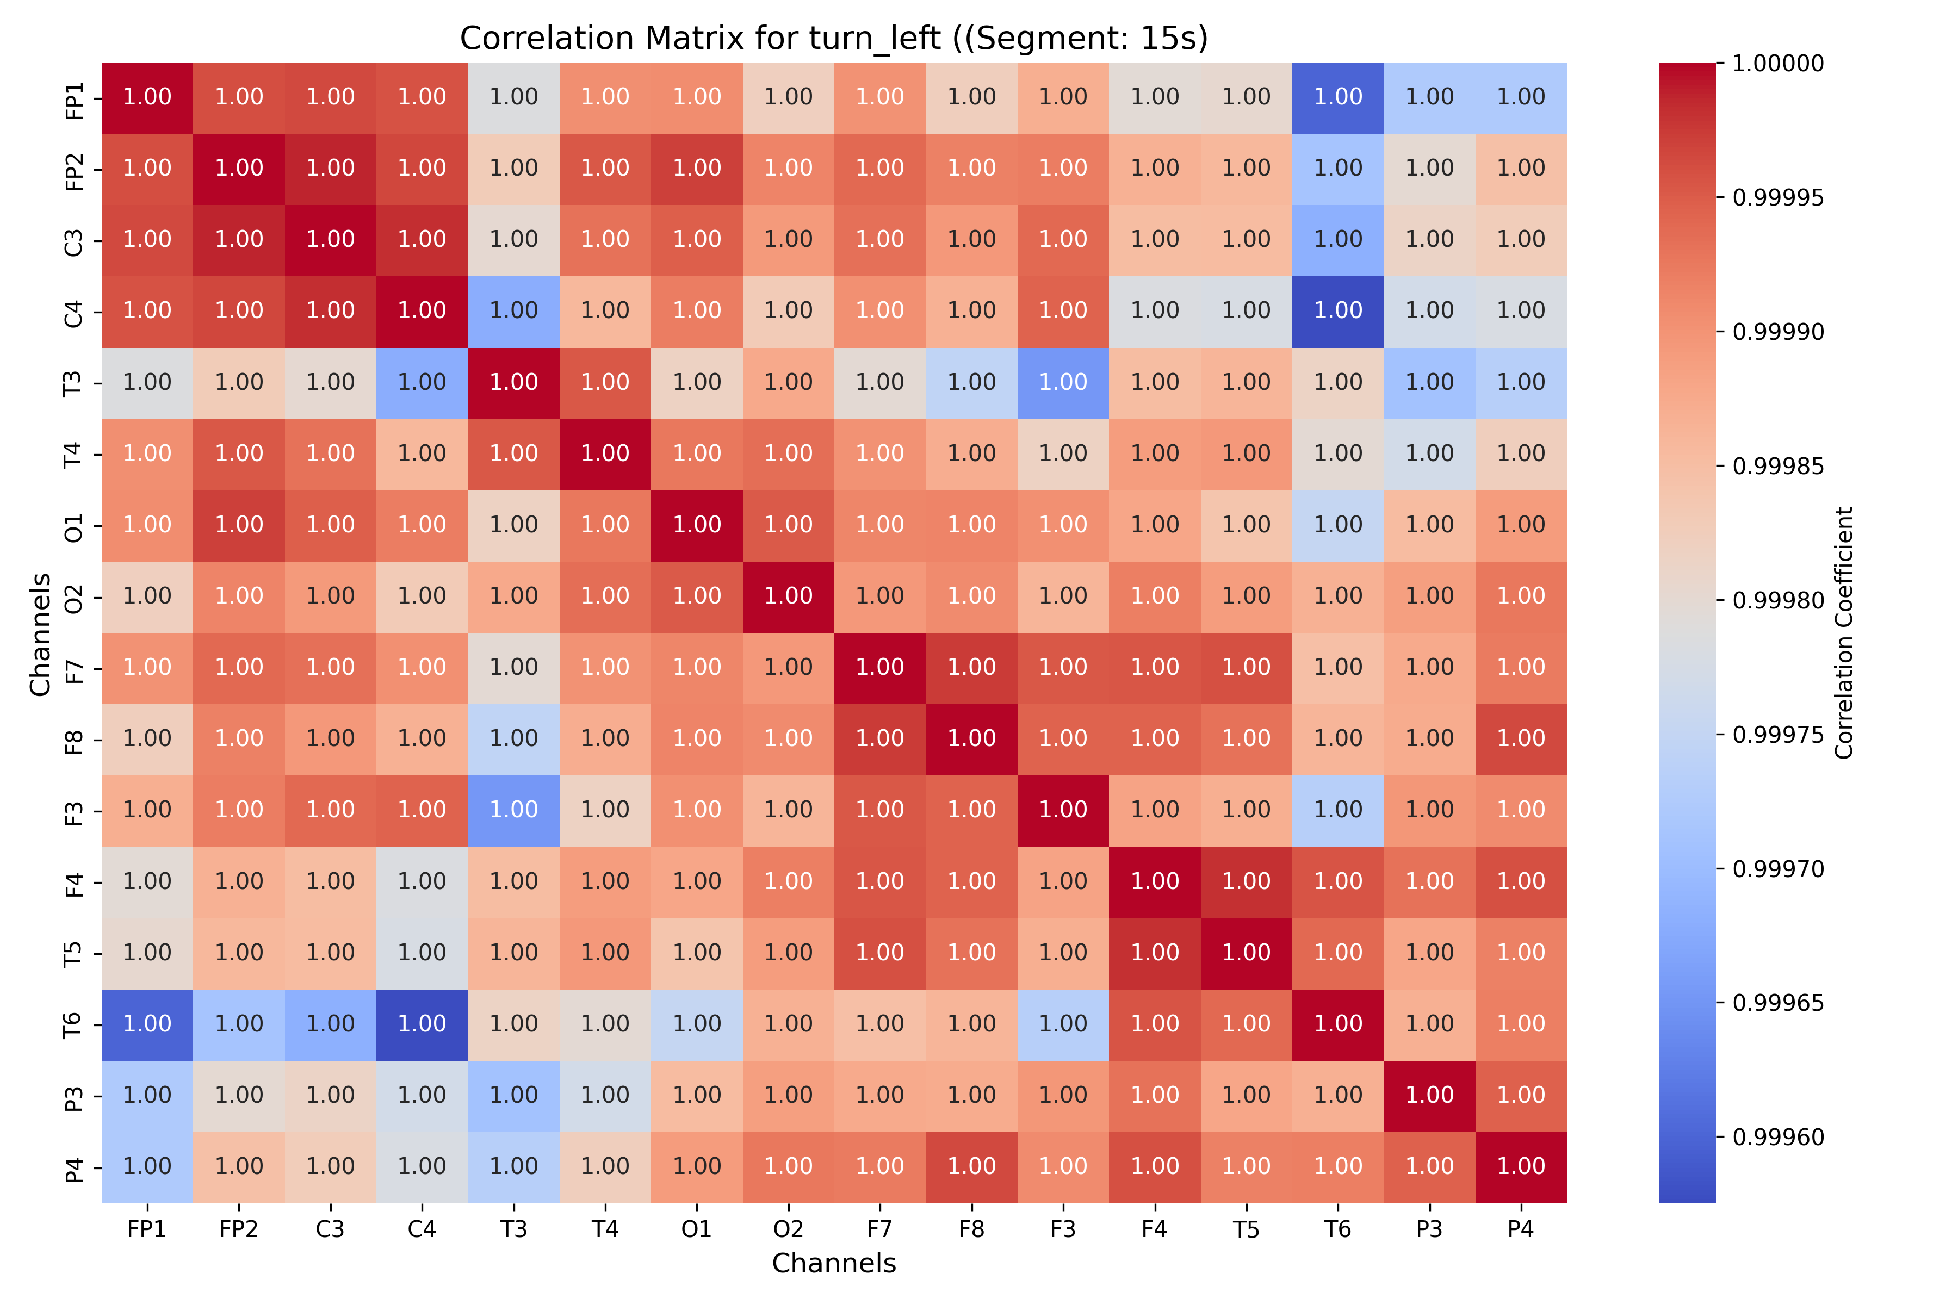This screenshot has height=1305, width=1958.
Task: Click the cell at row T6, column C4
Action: pyautogui.click(x=422, y=1024)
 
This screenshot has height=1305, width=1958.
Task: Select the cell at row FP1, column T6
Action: pyautogui.click(x=1338, y=97)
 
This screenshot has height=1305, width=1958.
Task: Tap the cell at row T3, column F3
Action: pyautogui.click(x=1063, y=383)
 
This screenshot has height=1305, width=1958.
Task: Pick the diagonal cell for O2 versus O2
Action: pyautogui.click(x=788, y=596)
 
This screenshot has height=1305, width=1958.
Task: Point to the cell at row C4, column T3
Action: pyautogui.click(x=513, y=311)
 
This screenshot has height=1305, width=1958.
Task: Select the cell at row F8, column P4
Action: pyautogui.click(x=1521, y=739)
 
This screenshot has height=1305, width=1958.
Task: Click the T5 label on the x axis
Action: pyautogui.click(x=1246, y=1229)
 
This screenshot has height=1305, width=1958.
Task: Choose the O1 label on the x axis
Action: pyautogui.click(x=697, y=1229)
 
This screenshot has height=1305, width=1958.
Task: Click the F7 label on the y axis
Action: pyautogui.click(x=74, y=668)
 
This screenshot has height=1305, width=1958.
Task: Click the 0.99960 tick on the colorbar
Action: pyautogui.click(x=1777, y=1137)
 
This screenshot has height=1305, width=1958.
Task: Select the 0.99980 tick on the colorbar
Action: pyautogui.click(x=1777, y=600)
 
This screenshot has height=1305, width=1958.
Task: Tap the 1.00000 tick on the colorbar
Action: pyautogui.click(x=1777, y=63)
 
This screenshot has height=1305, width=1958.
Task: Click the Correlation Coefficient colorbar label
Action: pyautogui.click(x=1844, y=632)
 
